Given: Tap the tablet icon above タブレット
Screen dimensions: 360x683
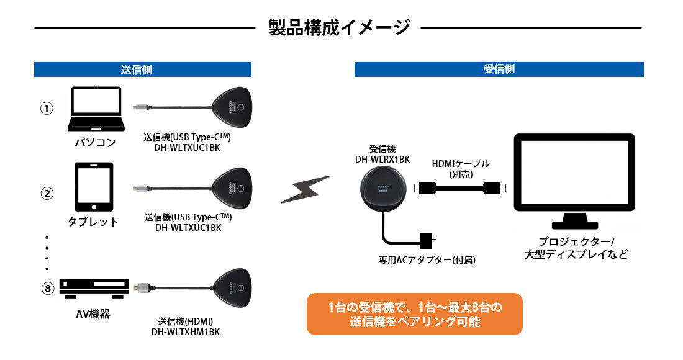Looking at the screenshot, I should pos(93,187).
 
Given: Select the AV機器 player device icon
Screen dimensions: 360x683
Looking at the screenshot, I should pos(94,287).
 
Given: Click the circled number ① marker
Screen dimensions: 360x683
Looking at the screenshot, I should pos(47,109).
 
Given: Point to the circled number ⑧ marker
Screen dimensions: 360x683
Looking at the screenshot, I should pos(47,288).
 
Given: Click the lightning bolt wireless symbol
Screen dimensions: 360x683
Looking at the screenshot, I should pos(304,190).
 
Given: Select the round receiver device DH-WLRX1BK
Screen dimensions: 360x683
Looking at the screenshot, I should pos(383,190).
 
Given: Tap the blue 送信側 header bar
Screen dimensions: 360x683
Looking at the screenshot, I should pos(143,70).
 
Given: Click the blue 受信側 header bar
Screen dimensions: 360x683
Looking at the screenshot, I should pos(499,70).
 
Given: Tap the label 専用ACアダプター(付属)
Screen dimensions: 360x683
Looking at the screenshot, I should pos(427,260).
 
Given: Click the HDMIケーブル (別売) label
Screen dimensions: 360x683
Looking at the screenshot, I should pos(461,169).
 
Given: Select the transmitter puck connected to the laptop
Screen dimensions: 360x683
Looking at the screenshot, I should pos(233,109).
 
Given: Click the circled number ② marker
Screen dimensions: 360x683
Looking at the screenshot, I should pos(47,193).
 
